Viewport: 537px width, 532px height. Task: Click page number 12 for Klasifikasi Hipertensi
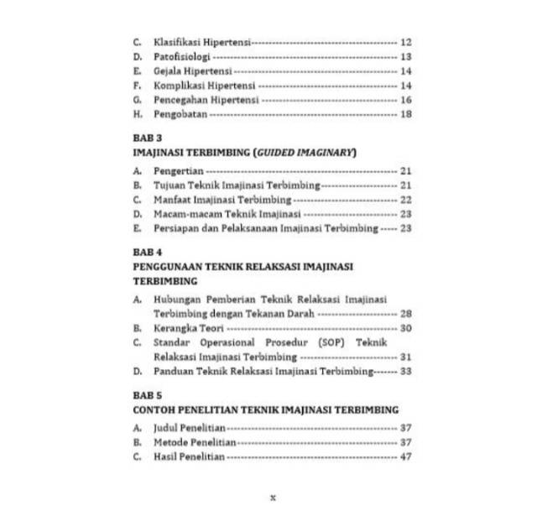tap(406, 42)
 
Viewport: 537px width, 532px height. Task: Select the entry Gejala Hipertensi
tap(193, 71)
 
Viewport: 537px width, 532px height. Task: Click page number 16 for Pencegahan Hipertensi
tap(406, 100)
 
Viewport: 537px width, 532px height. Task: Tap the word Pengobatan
tap(180, 114)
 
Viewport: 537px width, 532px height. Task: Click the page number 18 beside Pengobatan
tap(406, 114)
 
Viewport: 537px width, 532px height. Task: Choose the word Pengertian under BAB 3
tap(179, 171)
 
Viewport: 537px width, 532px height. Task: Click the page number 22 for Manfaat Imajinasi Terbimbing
tap(406, 200)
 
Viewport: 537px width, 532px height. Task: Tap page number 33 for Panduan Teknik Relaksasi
tap(406, 371)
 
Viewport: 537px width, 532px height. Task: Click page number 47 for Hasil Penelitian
tap(406, 456)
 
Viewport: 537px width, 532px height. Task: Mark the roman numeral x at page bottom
tap(273, 497)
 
